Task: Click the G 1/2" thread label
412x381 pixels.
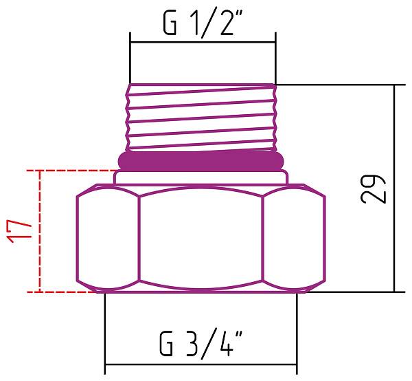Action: pos(202,24)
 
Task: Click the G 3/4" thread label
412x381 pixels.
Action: pos(201,341)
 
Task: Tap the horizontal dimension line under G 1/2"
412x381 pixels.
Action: pos(202,43)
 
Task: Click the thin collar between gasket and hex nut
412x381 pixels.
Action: pos(201,177)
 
